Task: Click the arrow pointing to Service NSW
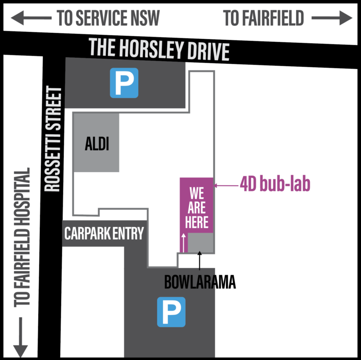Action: (31, 18)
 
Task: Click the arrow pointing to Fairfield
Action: (332, 18)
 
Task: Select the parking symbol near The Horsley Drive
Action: (124, 83)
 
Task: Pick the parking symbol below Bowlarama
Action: (171, 312)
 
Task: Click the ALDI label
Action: (97, 144)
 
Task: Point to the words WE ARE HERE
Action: (196, 208)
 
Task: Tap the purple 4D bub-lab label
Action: (275, 184)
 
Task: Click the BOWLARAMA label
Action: (200, 282)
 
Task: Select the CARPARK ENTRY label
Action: (104, 234)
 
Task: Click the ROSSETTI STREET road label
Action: (53, 139)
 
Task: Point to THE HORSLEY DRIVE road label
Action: (159, 49)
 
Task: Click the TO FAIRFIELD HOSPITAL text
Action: (22, 237)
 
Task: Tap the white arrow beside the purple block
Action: (183, 243)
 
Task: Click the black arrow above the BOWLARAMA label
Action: (200, 260)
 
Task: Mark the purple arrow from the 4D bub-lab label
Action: (226, 185)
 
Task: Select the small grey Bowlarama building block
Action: (201, 243)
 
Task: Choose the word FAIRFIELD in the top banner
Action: (273, 18)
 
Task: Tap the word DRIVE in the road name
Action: (208, 52)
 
